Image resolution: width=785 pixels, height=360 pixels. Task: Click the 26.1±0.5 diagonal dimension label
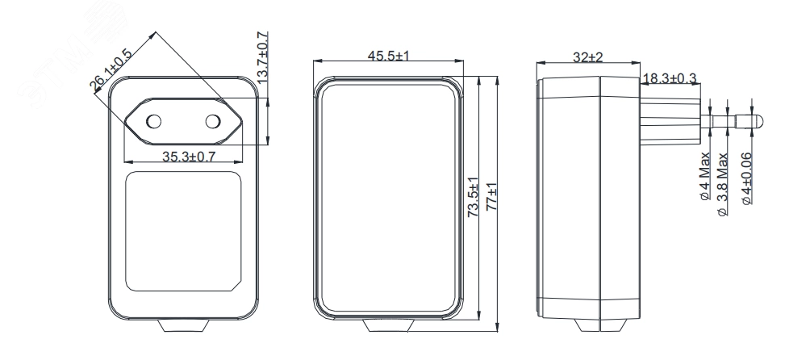[x=111, y=70]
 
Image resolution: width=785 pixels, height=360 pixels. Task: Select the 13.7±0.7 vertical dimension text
[x=262, y=58]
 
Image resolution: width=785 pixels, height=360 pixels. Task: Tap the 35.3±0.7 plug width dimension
[x=189, y=157]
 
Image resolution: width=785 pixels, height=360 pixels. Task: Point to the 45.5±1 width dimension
[x=389, y=56]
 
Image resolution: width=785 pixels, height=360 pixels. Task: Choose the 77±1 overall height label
[x=492, y=197]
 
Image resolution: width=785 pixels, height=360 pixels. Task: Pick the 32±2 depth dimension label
[x=588, y=57]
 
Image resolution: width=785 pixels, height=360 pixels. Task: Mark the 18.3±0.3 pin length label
[x=670, y=78]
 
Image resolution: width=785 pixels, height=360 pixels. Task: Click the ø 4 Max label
[x=705, y=176]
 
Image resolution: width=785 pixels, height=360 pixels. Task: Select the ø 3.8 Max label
[x=722, y=184]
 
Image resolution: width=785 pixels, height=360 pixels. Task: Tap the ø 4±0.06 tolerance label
[x=746, y=178]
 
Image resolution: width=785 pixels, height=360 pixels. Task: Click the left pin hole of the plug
[x=154, y=121]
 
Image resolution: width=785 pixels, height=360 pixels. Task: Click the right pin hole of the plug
[x=213, y=121]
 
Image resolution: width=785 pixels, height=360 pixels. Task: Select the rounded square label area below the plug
[x=183, y=232]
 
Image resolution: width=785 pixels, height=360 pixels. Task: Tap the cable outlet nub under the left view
[x=184, y=325]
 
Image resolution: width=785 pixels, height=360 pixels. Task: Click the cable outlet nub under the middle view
[x=389, y=325]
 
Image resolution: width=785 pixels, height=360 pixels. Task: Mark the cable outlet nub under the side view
[x=599, y=325]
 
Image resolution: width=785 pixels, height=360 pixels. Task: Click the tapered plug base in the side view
[x=670, y=121]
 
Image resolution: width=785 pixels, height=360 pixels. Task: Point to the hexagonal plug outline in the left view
[x=183, y=121]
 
